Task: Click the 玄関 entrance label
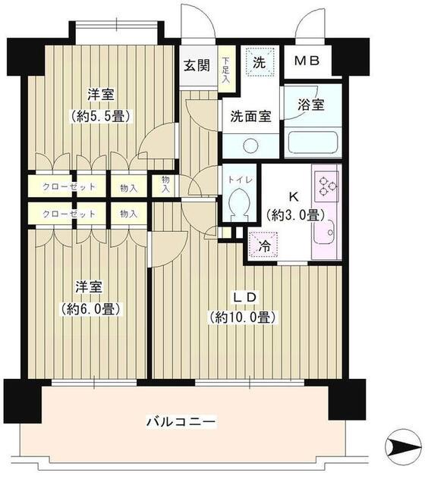click(196, 64)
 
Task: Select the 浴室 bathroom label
click(311, 105)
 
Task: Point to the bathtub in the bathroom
click(312, 142)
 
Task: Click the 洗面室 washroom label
click(250, 117)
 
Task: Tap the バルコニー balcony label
click(182, 421)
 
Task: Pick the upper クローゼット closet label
click(69, 186)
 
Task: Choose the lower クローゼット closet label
click(69, 213)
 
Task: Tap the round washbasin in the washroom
click(251, 145)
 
